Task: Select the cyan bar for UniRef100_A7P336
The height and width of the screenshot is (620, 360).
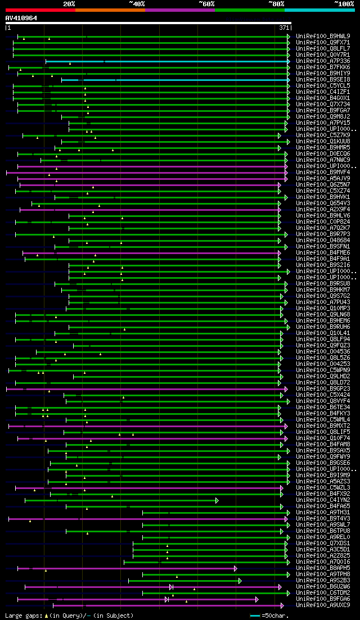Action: coord(169,61)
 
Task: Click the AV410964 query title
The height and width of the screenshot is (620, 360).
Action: coord(21,18)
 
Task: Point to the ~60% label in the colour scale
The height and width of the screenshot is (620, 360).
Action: coord(206,3)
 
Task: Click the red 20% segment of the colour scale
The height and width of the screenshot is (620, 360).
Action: coord(40,10)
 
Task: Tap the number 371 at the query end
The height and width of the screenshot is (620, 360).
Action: coord(284,28)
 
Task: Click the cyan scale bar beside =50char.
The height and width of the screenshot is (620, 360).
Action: coord(255,616)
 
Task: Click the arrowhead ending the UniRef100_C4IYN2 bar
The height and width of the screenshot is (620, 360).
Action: coord(217,500)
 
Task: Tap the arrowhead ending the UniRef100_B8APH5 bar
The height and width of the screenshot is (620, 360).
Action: coord(235,568)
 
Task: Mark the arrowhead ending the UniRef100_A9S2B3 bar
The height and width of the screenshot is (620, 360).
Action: coord(240,580)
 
